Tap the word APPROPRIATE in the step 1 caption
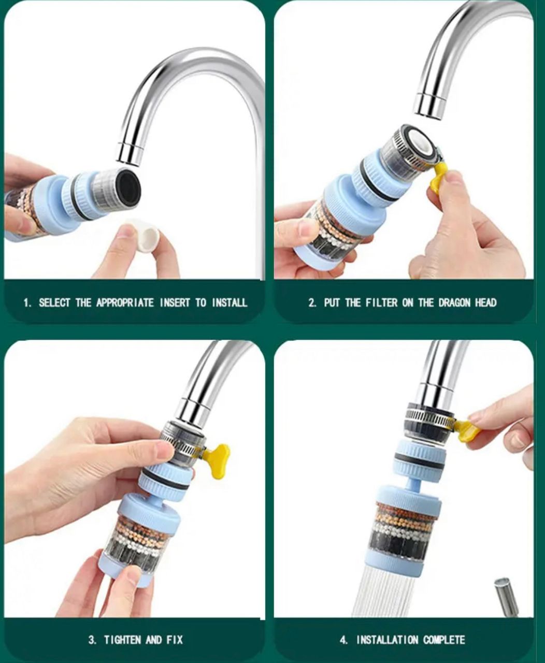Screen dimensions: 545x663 (125, 302)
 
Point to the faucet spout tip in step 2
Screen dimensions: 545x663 (431, 106)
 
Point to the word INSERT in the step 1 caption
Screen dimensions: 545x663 (175, 302)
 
